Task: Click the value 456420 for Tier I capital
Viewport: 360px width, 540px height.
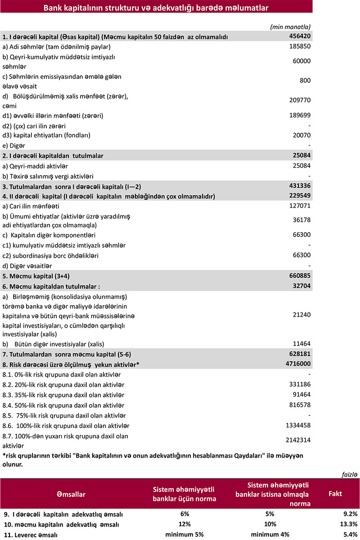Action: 299,36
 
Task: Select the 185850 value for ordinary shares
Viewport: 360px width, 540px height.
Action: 299,46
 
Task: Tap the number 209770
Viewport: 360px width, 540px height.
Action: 299,100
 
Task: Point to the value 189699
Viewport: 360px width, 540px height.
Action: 299,116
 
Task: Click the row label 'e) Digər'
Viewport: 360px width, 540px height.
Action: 14,145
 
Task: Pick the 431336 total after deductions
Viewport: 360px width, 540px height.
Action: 299,185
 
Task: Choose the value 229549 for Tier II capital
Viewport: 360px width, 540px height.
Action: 299,196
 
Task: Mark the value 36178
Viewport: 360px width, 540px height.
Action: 301,220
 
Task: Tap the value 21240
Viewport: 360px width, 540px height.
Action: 301,315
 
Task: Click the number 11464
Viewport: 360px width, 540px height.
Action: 301,343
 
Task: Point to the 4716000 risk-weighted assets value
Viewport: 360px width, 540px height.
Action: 297,363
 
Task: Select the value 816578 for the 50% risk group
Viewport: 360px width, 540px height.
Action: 299,405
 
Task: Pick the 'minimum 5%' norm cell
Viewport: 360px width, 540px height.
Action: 184,534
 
